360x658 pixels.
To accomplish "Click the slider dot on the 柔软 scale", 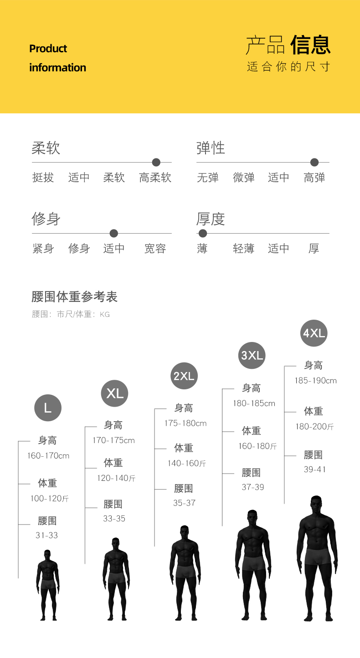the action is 156,162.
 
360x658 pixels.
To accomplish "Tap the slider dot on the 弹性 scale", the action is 314,162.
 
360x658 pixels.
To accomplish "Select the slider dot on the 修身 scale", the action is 114,234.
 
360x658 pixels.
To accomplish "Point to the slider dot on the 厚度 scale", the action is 203,234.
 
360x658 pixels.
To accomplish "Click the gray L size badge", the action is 48,408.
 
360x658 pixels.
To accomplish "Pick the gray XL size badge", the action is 114,393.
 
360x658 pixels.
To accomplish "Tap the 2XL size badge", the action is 184,376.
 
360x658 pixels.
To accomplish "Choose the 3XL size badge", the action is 252,355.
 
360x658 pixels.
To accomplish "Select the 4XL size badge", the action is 314,333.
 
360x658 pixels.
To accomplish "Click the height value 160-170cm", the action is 48,456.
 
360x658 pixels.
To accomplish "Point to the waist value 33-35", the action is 114,519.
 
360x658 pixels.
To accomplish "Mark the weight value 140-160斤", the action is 186,464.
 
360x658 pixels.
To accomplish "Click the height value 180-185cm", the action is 254,403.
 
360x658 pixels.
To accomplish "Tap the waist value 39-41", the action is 315,469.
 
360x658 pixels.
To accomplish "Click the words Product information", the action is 57,58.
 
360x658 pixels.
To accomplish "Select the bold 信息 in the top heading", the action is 310,45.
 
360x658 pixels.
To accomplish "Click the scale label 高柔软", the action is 155,178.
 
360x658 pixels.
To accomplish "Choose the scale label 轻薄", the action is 243,249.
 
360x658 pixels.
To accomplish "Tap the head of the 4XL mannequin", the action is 316,503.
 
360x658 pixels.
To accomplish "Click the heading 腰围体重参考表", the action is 75,297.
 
